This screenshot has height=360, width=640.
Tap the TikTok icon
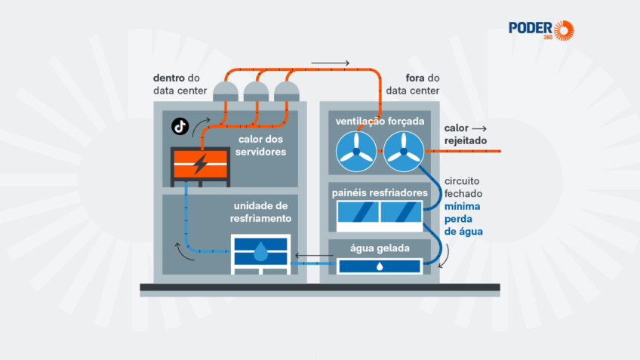click(x=180, y=126)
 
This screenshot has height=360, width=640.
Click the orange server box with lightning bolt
click(x=200, y=165)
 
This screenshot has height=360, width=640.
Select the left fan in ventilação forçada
click(x=354, y=150)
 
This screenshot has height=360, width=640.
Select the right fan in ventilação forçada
click(x=402, y=150)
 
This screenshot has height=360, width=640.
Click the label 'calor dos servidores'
click(x=262, y=146)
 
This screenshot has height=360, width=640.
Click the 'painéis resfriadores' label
click(x=380, y=192)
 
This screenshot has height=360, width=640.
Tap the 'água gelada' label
click(x=380, y=247)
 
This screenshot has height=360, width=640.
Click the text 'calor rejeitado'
click(x=466, y=134)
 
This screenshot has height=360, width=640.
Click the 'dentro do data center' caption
click(x=176, y=84)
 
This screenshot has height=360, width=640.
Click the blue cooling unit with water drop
click(x=260, y=254)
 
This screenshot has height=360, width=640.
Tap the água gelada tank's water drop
click(x=379, y=266)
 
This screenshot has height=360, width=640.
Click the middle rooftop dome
click(x=257, y=91)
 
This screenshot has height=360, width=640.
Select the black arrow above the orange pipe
click(x=331, y=62)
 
